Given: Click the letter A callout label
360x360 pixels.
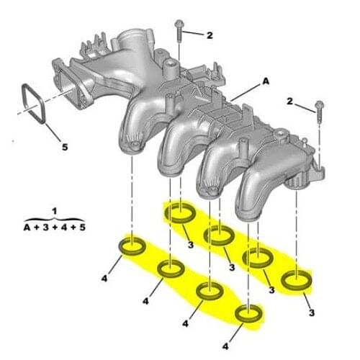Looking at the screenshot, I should pyautogui.click(x=265, y=83).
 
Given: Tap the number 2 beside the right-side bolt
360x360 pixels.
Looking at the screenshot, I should pyautogui.click(x=289, y=104).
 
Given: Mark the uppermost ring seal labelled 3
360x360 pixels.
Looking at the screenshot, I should pyautogui.click(x=179, y=213).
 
